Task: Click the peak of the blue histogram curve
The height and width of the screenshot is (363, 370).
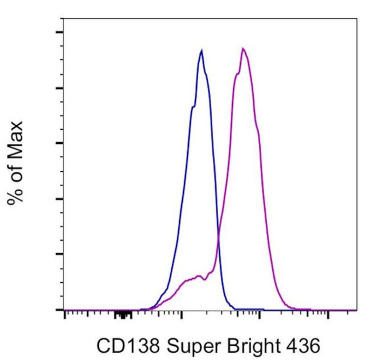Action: coord(202,50)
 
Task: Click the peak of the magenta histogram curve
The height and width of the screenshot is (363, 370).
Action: coord(243,48)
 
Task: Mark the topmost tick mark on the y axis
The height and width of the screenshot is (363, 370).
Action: coord(59,32)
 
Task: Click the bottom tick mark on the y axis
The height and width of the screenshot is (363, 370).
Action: coord(59,310)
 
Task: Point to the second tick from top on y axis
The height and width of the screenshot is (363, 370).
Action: coord(59,88)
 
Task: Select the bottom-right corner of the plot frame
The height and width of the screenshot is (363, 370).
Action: coord(357,310)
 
